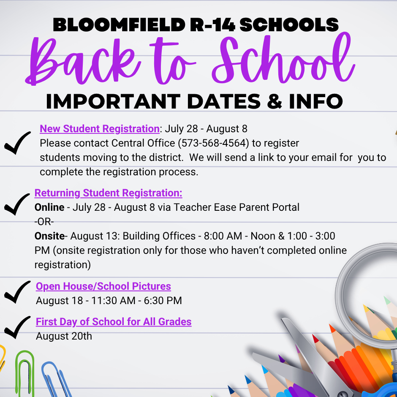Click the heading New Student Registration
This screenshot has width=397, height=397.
point(99,129)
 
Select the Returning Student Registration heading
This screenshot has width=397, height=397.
point(108,193)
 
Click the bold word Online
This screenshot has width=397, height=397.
point(49,207)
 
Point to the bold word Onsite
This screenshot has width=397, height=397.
point(49,236)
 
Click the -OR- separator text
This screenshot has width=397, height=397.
point(44,221)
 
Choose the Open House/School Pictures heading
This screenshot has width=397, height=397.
point(103,286)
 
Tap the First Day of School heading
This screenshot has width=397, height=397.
point(114,322)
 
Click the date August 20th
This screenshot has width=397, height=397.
point(64,336)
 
